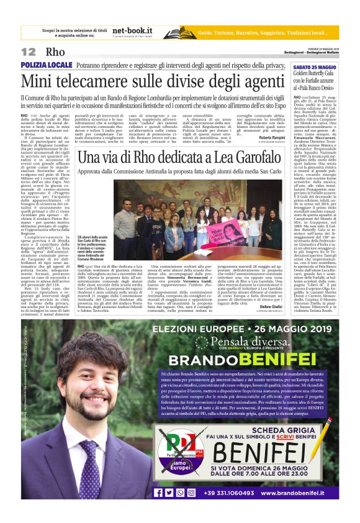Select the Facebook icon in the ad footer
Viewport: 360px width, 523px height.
[x=158, y=492]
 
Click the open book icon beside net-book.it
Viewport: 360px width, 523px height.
[x=179, y=32]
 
